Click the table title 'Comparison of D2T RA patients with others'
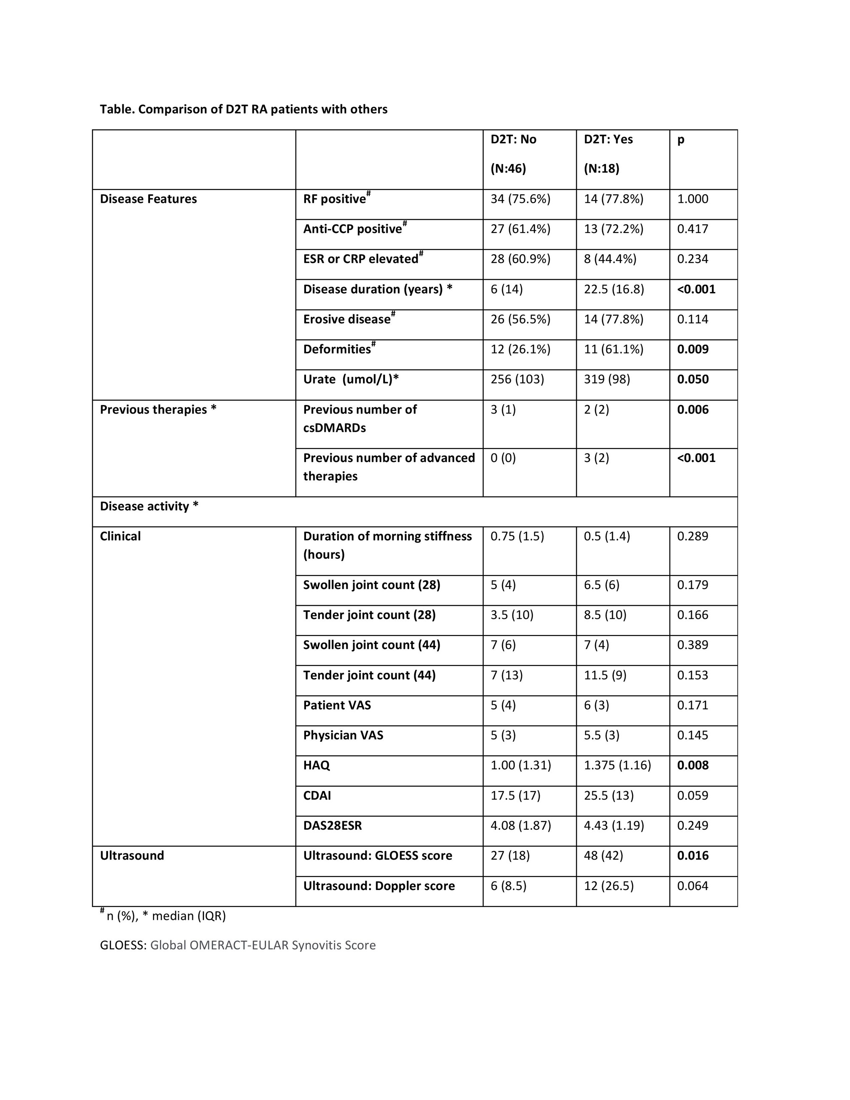point(243,109)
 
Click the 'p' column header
point(680,139)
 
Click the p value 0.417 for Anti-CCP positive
point(692,229)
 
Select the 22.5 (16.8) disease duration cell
point(614,289)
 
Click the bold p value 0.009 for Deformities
point(692,349)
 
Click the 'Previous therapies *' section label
point(158,409)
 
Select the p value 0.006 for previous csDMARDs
point(692,409)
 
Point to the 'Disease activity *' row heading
point(149,506)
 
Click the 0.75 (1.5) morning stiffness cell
point(517,536)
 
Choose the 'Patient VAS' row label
point(337,705)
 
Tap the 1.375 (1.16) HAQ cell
point(618,765)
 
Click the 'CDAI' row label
point(317,796)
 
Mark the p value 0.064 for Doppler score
point(692,886)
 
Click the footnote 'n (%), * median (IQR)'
point(163,916)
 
